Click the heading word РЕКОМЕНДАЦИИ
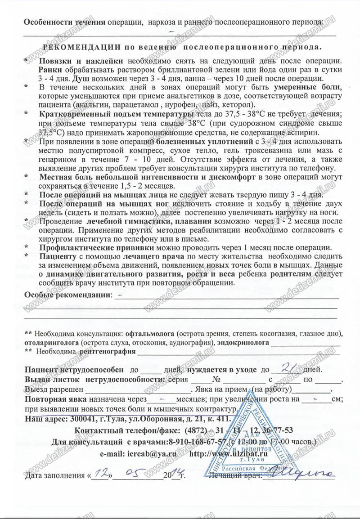[81, 46]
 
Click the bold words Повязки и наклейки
[81, 60]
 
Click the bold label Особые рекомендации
[67, 295]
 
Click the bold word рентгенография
[107, 351]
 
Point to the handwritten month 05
[137, 473]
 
